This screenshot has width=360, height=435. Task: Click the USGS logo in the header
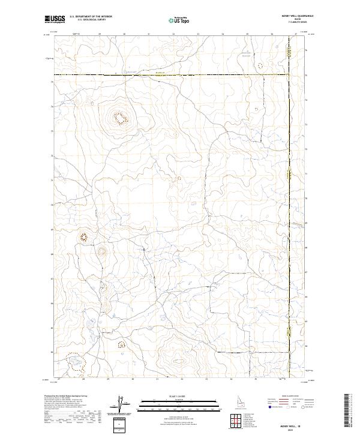click(55, 20)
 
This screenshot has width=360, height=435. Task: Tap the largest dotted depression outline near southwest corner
click(76, 363)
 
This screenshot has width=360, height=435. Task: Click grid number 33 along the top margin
click(198, 34)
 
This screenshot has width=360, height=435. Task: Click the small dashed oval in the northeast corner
click(260, 65)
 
